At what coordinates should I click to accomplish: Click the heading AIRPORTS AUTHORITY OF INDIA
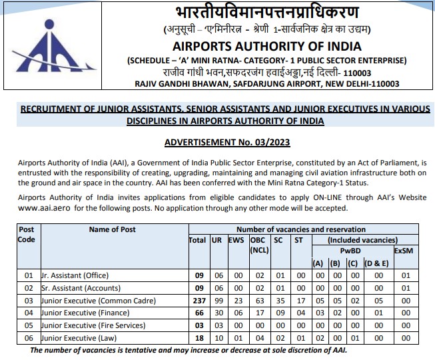click(266, 47)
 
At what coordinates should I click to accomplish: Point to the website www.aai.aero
click(45, 208)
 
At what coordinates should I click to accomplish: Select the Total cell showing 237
click(197, 300)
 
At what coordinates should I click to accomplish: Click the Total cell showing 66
click(197, 313)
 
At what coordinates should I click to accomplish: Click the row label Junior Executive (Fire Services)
click(93, 325)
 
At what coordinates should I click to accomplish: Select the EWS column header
click(237, 240)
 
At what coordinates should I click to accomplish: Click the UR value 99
click(217, 300)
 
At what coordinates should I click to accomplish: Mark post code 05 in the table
click(28, 325)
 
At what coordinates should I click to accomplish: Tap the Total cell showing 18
click(197, 338)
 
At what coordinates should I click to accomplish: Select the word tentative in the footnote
click(143, 351)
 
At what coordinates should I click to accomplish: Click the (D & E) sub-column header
click(376, 262)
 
